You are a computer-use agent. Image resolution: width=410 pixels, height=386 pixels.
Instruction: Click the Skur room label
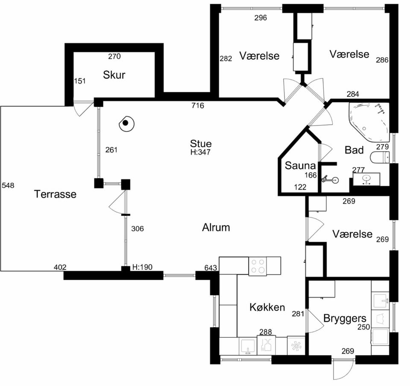click(x=114, y=75)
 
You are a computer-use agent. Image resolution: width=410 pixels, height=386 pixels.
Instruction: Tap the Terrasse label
click(x=55, y=194)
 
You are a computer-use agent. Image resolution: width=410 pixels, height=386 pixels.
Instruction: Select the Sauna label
click(x=300, y=166)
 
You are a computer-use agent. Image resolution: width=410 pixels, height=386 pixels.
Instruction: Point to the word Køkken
click(x=267, y=307)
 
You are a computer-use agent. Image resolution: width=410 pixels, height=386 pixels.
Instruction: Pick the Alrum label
click(x=216, y=228)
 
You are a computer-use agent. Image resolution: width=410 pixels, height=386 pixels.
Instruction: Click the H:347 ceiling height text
click(x=200, y=152)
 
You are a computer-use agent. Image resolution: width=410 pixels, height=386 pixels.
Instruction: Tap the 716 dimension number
click(x=198, y=105)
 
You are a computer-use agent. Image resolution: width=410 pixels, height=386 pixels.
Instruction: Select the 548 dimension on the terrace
click(x=8, y=185)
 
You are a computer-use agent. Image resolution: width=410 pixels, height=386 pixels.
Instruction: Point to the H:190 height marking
click(x=142, y=267)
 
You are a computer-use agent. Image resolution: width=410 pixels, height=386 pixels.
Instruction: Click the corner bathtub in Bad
click(x=369, y=122)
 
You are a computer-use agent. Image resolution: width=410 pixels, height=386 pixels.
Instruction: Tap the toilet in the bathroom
click(x=380, y=157)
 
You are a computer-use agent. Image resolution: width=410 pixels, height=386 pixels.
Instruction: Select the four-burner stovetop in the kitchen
click(x=258, y=266)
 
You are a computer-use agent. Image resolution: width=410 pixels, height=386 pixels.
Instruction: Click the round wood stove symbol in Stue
click(x=126, y=124)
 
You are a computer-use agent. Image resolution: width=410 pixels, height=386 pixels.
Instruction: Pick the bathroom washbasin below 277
click(x=366, y=179)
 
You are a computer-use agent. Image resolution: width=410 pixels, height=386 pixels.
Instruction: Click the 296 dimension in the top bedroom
click(x=261, y=18)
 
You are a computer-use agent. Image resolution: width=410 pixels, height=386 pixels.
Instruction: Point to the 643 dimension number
click(x=211, y=268)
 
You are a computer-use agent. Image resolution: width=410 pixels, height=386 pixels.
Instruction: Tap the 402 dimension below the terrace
click(x=60, y=267)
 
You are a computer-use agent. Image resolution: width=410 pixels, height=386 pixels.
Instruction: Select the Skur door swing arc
click(x=83, y=109)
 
